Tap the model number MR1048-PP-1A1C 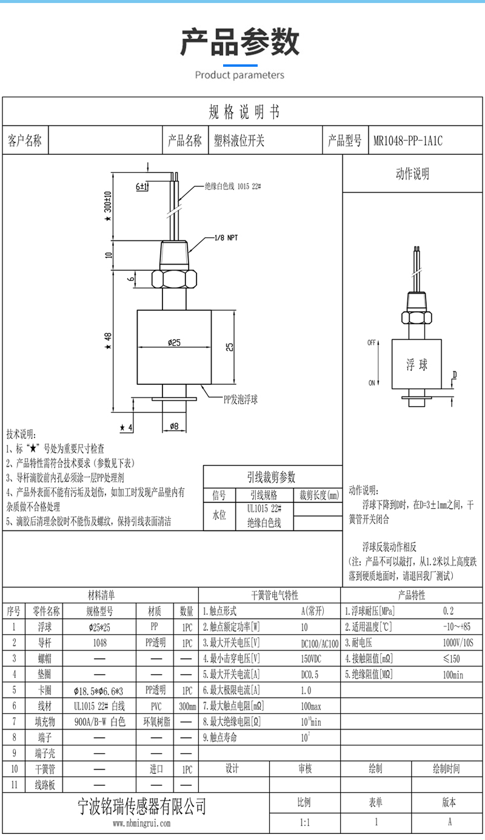407,141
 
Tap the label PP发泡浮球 241,400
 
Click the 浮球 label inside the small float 416,365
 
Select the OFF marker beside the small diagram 372,343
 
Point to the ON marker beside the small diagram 372,384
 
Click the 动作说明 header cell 412,174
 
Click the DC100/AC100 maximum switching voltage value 319,643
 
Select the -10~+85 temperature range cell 457,627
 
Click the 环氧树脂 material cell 156,722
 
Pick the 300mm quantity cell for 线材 187,706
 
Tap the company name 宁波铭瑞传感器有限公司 143,806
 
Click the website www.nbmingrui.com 142,824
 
